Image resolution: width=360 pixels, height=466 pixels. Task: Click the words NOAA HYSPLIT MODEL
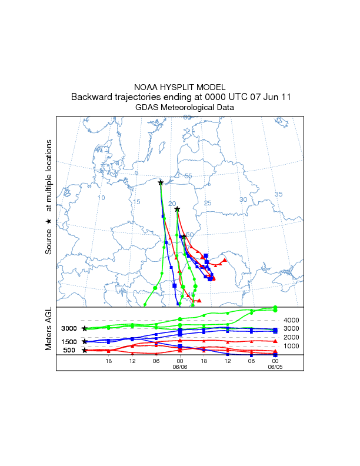click(x=179, y=87)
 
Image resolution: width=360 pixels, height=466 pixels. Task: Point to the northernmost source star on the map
click(x=161, y=183)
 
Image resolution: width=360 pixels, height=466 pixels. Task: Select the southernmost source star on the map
click(x=184, y=237)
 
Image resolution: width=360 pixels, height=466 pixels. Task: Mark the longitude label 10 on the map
click(x=101, y=198)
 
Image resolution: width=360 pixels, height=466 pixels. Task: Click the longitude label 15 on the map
click(x=136, y=202)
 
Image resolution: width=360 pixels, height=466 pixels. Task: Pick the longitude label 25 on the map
click(x=207, y=203)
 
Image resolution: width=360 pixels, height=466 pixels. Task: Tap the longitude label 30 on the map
click(x=243, y=200)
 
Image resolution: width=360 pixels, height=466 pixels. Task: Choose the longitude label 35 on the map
click(x=279, y=194)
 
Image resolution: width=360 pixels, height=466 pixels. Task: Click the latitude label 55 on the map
click(x=188, y=176)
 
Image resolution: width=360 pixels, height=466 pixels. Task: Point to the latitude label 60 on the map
click(x=186, y=117)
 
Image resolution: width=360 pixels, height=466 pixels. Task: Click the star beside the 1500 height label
click(x=85, y=341)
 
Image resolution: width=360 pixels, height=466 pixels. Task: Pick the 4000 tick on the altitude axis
click(x=292, y=320)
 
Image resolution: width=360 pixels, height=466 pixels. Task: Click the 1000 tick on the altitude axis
click(x=292, y=346)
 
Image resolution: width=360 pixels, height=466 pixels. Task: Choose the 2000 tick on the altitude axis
click(x=292, y=337)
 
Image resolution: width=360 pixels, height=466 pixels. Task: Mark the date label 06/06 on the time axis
click(x=180, y=367)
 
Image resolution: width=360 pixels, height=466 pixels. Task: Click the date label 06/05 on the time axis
click(x=275, y=367)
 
